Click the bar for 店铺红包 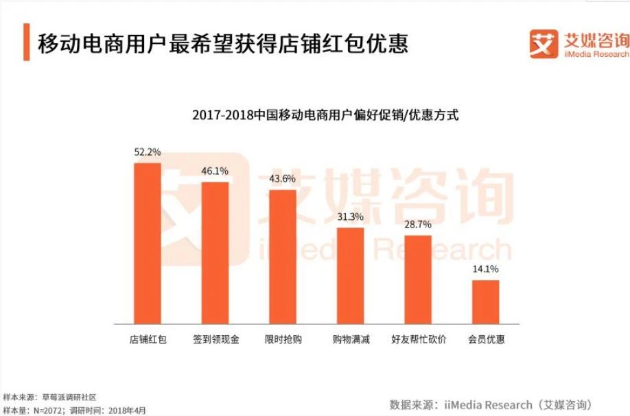click(148, 243)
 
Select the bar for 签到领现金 click(215, 252)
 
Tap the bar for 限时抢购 click(283, 256)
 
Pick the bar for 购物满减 click(350, 275)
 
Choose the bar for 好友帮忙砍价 click(418, 279)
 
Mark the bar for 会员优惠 click(485, 302)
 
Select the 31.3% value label click(350, 217)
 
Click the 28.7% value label click(418, 225)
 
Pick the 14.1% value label click(485, 269)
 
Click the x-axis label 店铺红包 click(148, 339)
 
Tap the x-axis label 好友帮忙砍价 click(418, 339)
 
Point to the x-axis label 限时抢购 click(283, 339)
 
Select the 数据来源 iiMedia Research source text click(490, 404)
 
